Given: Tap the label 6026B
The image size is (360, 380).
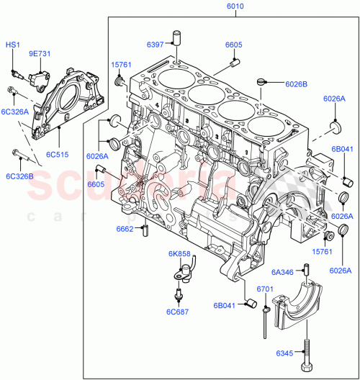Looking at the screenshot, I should click(x=296, y=83).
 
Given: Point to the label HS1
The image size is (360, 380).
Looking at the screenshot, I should click(x=14, y=45).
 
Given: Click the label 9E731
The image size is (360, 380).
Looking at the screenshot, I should click(x=41, y=54).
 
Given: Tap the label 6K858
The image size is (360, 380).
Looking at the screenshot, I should click(x=179, y=254).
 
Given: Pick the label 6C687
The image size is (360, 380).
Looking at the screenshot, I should click(x=178, y=312).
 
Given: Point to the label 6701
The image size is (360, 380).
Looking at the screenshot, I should click(x=266, y=289).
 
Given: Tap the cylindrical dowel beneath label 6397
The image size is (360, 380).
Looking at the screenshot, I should click(x=175, y=37).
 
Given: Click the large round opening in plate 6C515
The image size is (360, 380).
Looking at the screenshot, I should click(x=71, y=96).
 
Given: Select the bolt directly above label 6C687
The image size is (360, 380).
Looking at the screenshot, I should click(x=177, y=295).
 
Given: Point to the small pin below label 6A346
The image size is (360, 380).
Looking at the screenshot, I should click(x=306, y=271).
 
